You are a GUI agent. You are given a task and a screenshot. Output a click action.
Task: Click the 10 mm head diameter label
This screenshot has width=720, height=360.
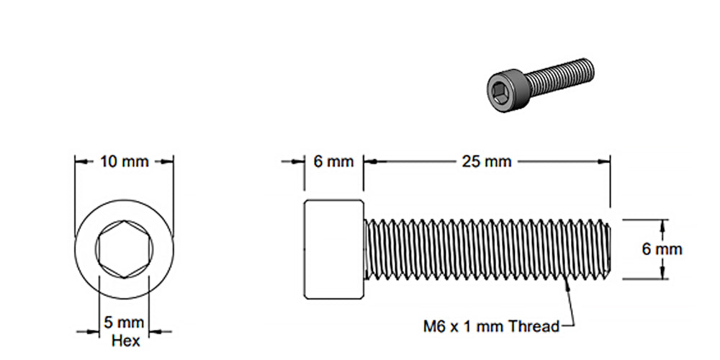pyautogui.click(x=124, y=161)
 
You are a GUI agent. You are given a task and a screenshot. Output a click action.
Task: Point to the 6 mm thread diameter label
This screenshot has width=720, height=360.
pyautogui.click(x=662, y=249)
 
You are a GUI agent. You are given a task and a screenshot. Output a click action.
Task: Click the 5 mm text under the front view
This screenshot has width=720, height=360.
pyautogui.click(x=125, y=322)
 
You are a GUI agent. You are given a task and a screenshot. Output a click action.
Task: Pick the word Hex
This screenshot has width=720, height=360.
pyautogui.click(x=125, y=341)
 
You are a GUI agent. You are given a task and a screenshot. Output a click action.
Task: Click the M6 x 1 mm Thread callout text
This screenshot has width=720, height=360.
pyautogui.click(x=490, y=326)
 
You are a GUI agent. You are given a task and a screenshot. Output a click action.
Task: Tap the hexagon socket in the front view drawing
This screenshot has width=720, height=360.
pyautogui.click(x=125, y=248)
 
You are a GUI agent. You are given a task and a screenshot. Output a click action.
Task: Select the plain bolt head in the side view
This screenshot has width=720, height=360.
pyautogui.click(x=333, y=248)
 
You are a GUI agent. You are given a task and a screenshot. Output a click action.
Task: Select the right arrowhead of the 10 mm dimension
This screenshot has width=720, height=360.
pyautogui.click(x=169, y=161)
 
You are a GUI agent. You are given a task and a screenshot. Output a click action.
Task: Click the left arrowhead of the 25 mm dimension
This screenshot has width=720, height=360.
pyautogui.click(x=369, y=161)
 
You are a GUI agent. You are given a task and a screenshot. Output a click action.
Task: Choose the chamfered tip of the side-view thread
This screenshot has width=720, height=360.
pyautogui.click(x=609, y=249)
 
